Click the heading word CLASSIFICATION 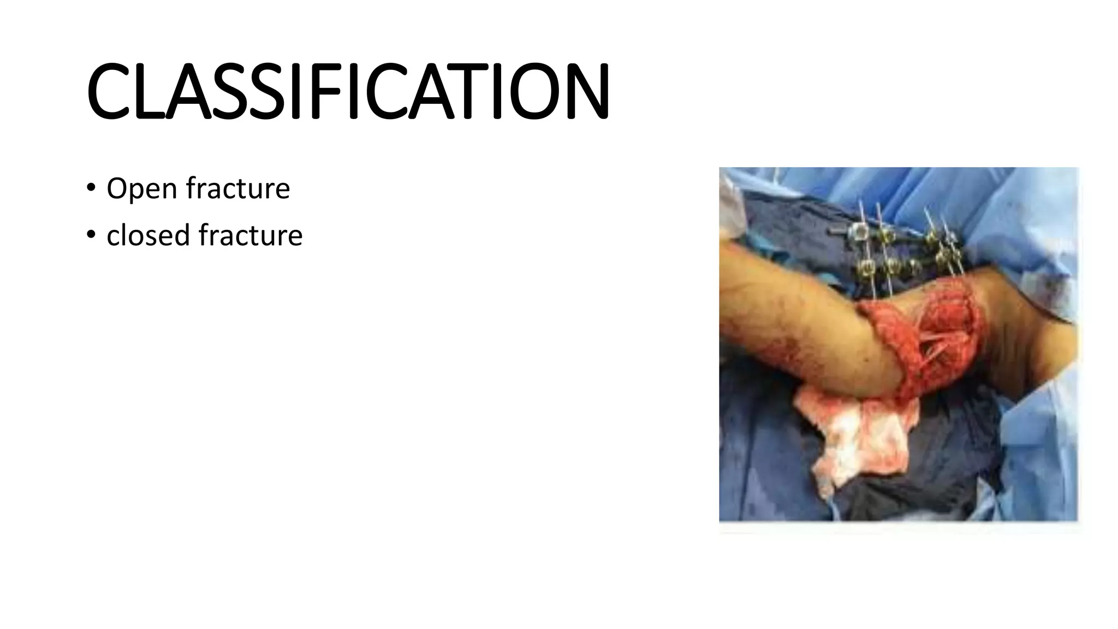(348, 91)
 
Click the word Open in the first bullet (141, 189)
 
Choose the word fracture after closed (250, 235)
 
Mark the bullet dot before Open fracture (91, 188)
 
